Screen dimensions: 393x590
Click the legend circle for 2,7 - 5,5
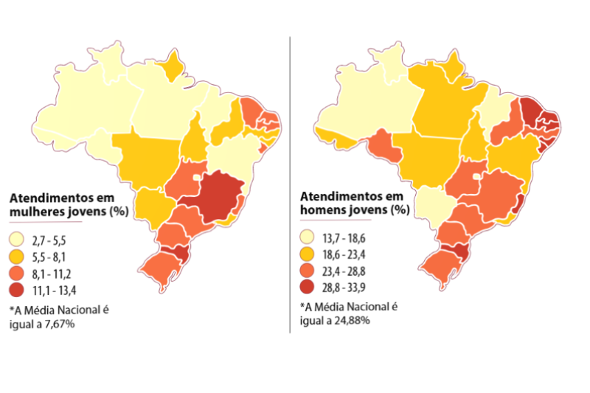[18, 240]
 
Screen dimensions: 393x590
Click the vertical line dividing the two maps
[291, 184]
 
